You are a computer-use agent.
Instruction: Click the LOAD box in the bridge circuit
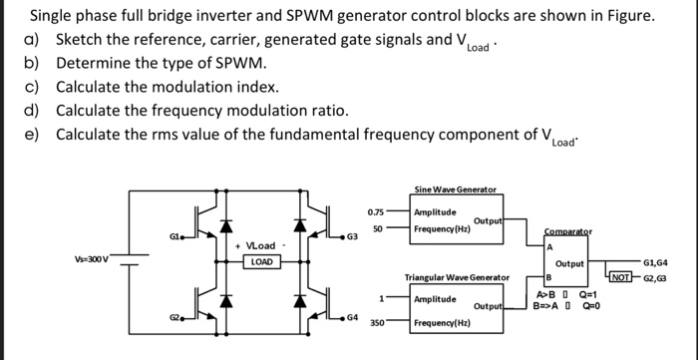pyautogui.click(x=262, y=262)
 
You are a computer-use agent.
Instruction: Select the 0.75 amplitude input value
pyautogui.click(x=375, y=212)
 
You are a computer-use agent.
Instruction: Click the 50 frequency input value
pyautogui.click(x=378, y=229)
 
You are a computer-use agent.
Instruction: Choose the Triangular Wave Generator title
pyautogui.click(x=460, y=277)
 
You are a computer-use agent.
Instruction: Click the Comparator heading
pyautogui.click(x=567, y=230)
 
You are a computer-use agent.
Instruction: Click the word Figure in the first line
pyautogui.click(x=626, y=16)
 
